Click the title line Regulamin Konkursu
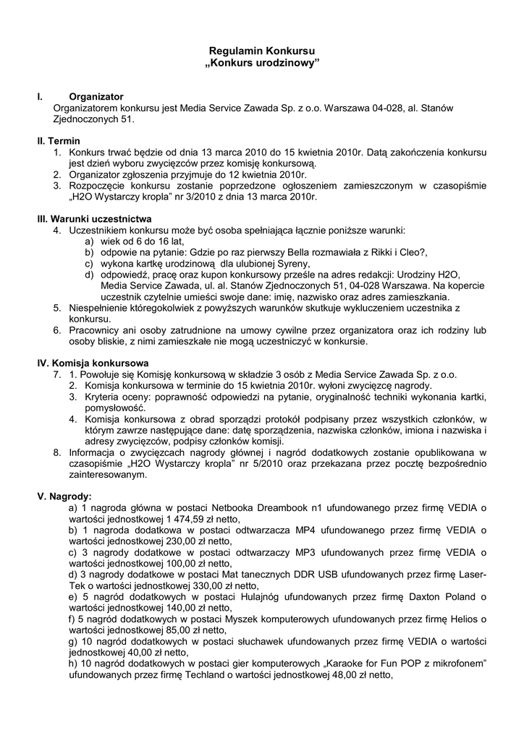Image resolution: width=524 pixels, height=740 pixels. [x=261, y=52]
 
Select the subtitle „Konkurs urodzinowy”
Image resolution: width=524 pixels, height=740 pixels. [x=261, y=64]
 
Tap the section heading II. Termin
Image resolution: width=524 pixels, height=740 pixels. [x=59, y=140]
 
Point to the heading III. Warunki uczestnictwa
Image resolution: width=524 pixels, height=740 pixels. [x=94, y=218]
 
